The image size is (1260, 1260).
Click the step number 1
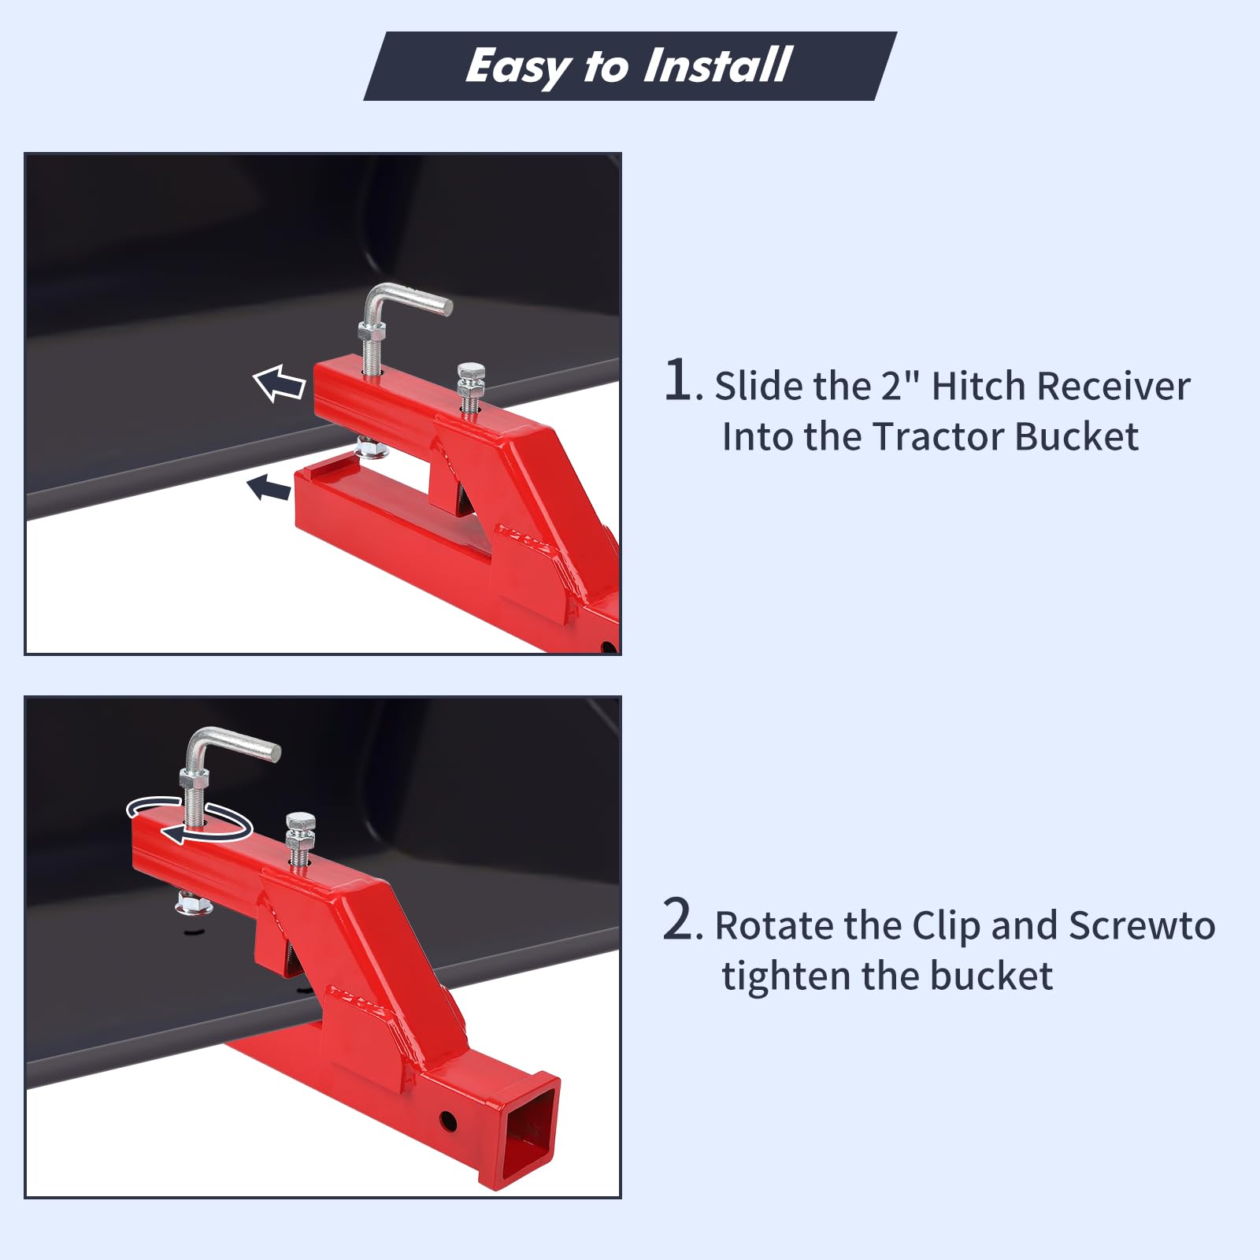click(x=679, y=380)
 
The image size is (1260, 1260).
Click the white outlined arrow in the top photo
click(x=280, y=384)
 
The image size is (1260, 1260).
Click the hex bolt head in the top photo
click(x=470, y=372)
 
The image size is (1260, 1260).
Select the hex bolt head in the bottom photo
click(x=301, y=822)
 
